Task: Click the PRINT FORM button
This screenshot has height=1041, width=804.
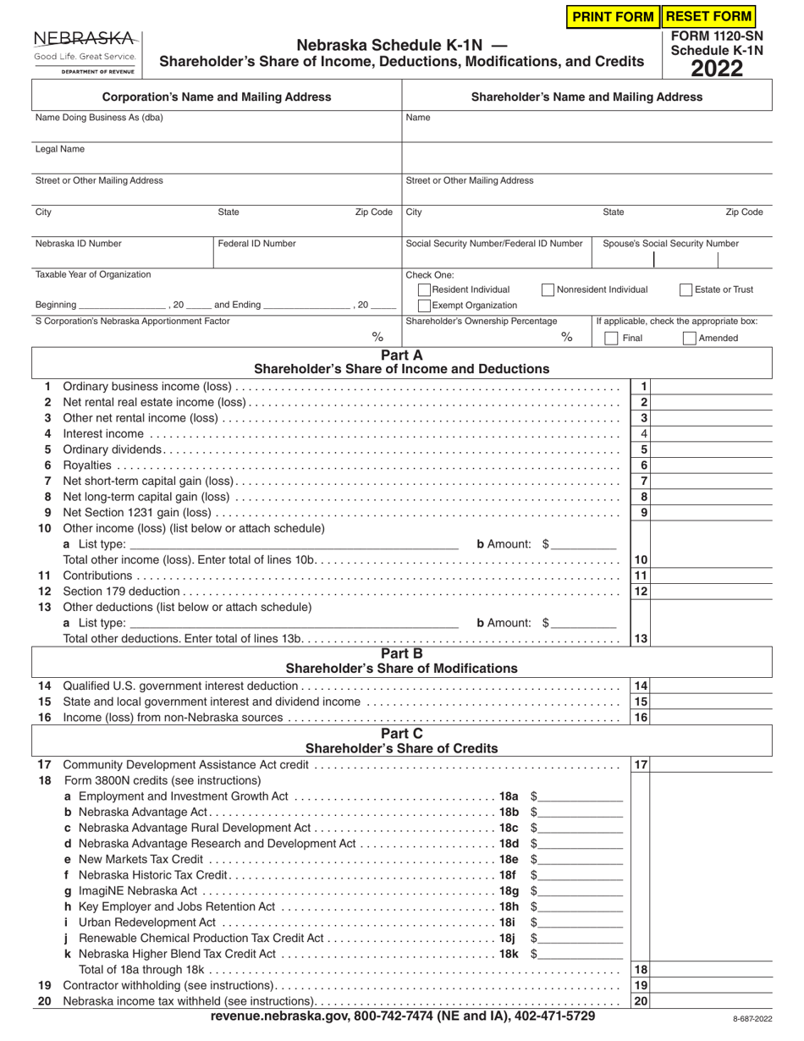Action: pyautogui.click(x=614, y=17)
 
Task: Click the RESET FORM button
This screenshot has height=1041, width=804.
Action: pyautogui.click(x=708, y=17)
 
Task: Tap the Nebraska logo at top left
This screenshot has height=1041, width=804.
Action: pyautogui.click(x=85, y=53)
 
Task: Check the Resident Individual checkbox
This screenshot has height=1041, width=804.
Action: pyautogui.click(x=425, y=290)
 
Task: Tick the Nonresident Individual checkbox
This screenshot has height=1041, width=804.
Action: pyautogui.click(x=548, y=290)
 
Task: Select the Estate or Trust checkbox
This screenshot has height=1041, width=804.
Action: pyautogui.click(x=686, y=290)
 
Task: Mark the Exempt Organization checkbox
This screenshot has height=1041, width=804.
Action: pyautogui.click(x=425, y=306)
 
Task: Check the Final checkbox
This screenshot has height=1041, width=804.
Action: pyautogui.click(x=611, y=339)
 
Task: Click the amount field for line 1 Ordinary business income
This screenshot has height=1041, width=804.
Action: pyautogui.click(x=713, y=387)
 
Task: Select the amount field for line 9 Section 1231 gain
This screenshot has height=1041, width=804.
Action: pyautogui.click(x=713, y=513)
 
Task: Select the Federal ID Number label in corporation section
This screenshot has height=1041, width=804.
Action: pyautogui.click(x=257, y=244)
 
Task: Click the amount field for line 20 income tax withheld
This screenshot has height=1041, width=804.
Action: pyautogui.click(x=713, y=1001)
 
